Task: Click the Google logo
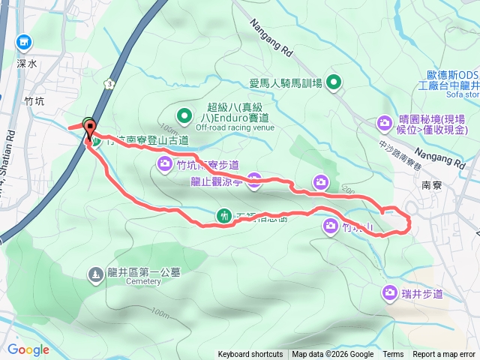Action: pos(28,349)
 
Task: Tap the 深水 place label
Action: pos(26,64)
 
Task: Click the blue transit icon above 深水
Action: pos(26,43)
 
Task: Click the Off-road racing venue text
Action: pos(234,127)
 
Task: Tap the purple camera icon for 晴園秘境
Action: pos(385,122)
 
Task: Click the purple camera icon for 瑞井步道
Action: pos(390,292)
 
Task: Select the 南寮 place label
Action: pos(431,184)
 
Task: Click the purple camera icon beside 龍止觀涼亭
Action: pos(254,179)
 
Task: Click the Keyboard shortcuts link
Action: pos(250,355)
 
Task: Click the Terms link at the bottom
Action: pos(393,355)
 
